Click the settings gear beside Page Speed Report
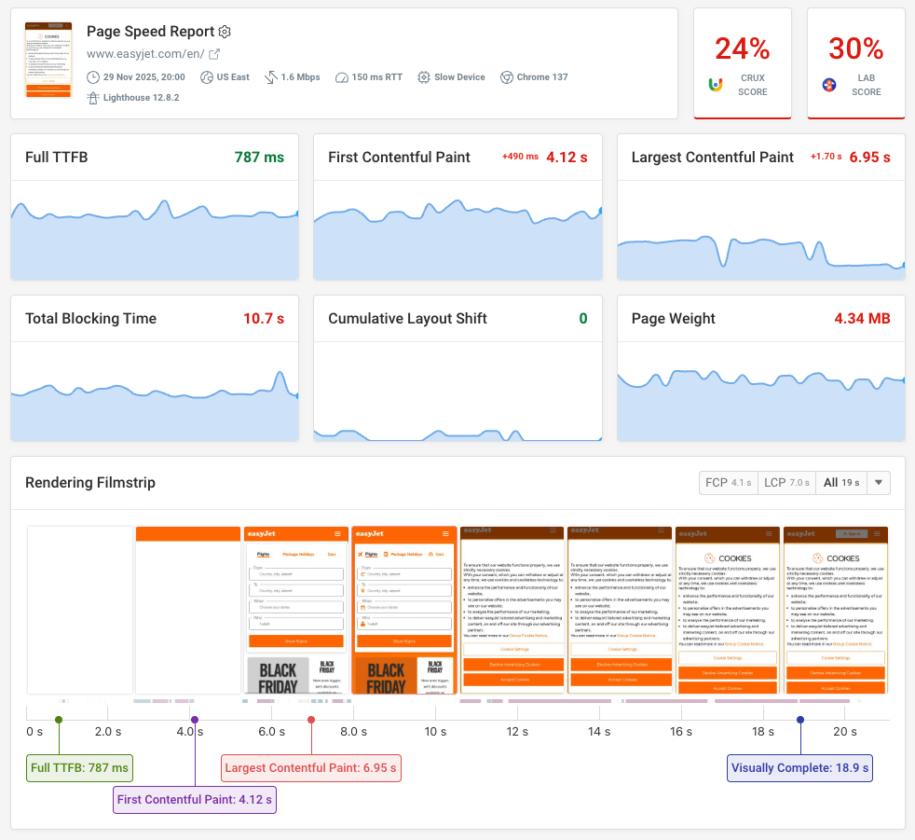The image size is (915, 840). click(224, 32)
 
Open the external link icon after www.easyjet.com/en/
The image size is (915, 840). click(214, 55)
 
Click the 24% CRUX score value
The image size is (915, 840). click(742, 48)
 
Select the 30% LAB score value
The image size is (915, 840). click(855, 48)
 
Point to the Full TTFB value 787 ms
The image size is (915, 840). click(259, 158)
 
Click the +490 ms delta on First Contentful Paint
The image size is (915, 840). click(520, 158)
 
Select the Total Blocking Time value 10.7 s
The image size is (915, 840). click(264, 319)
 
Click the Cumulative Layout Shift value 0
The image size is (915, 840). click(583, 319)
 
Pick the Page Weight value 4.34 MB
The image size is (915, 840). click(862, 319)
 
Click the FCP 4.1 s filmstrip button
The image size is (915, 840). click(728, 483)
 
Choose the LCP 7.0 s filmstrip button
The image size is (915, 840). click(786, 483)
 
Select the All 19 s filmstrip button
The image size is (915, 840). click(841, 483)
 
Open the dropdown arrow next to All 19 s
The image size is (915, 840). click(880, 483)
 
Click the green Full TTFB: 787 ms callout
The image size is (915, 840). click(79, 769)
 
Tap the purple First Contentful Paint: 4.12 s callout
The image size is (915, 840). click(195, 800)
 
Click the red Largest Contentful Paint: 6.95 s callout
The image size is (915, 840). click(311, 769)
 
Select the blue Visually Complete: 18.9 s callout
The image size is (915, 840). click(799, 769)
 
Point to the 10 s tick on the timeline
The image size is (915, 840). click(435, 732)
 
